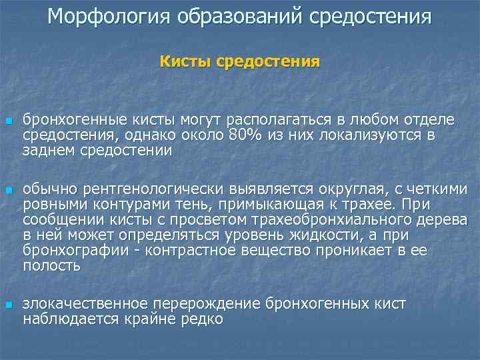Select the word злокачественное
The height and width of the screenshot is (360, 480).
click(87, 304)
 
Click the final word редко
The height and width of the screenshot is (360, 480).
click(199, 319)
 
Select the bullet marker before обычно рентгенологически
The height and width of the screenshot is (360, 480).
click(8, 191)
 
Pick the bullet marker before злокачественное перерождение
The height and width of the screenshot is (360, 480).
click(8, 305)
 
